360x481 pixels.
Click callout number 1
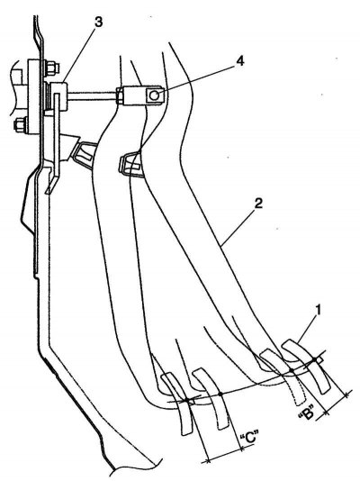pyautogui.click(x=319, y=310)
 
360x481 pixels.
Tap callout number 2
pyautogui.click(x=258, y=204)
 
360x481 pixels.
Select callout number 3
pyautogui.click(x=98, y=23)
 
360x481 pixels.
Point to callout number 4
pyautogui.click(x=240, y=61)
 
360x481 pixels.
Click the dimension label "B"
pyautogui.click(x=306, y=413)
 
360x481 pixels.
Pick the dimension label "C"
pyautogui.click(x=247, y=438)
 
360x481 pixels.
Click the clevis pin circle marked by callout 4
pyautogui.click(x=155, y=95)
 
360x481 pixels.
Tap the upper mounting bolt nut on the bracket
pyautogui.click(x=51, y=68)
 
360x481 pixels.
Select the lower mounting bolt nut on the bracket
pyautogui.click(x=20, y=125)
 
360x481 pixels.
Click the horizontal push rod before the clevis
pyautogui.click(x=92, y=95)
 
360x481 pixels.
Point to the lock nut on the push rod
pyautogui.click(x=120, y=95)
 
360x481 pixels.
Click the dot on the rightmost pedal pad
pyautogui.click(x=314, y=359)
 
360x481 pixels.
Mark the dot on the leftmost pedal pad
pyautogui.click(x=187, y=400)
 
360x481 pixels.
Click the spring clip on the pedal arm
pyautogui.click(x=130, y=163)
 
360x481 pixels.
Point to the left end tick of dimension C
pyautogui.click(x=208, y=460)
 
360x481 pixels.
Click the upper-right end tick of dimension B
pyautogui.click(x=346, y=395)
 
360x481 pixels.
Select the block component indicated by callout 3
pyautogui.click(x=58, y=96)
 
